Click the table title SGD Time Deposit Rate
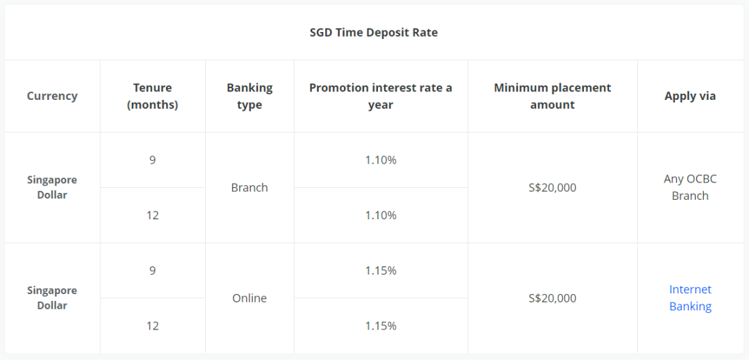point(374,33)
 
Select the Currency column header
point(52,96)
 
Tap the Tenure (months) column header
point(153,96)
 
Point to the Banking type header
point(250,96)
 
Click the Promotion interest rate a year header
point(381,96)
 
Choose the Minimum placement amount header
point(553,96)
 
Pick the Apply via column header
point(690,96)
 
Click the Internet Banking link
point(690,298)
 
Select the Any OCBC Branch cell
point(690,188)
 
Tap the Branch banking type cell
point(250,188)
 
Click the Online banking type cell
point(250,298)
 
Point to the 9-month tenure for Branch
point(153,160)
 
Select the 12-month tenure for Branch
point(153,215)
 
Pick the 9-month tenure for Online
point(153,271)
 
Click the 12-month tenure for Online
point(153,326)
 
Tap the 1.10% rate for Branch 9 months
point(381,160)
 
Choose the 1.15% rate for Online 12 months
point(381,326)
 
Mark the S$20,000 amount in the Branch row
point(553,188)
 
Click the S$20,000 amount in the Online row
point(553,298)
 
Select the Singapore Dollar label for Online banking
point(52,298)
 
